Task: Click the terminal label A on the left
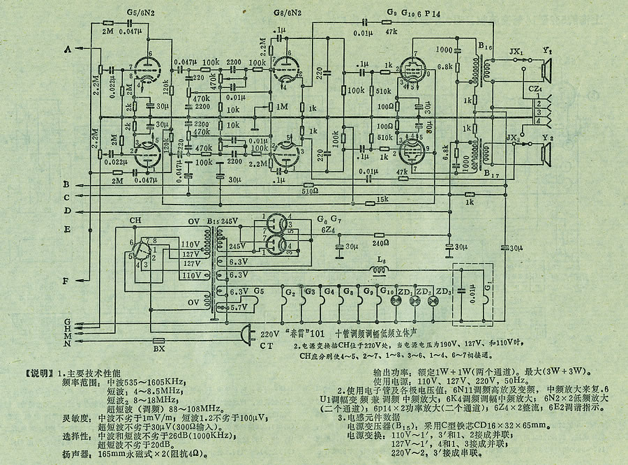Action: (x=68, y=49)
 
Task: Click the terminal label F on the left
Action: (x=67, y=281)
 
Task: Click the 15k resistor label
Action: (x=382, y=200)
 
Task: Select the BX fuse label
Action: (x=159, y=346)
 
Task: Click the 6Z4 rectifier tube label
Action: (x=329, y=229)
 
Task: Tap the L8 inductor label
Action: (x=381, y=262)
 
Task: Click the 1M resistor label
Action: (x=283, y=106)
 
